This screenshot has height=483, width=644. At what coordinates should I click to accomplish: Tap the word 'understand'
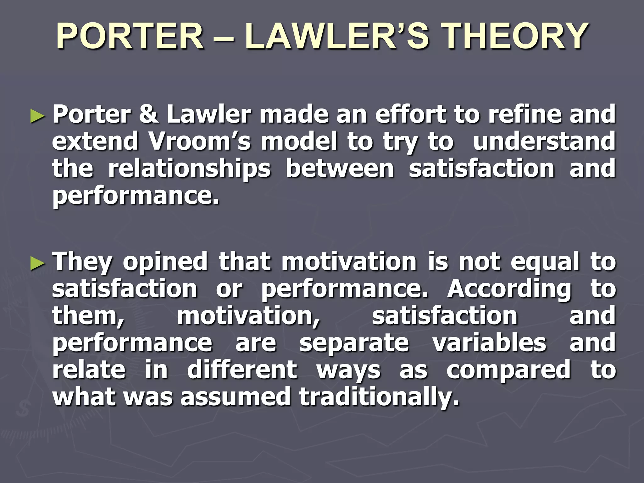pyautogui.click(x=544, y=142)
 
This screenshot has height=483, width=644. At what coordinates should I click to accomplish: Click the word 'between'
pyautogui.click(x=340, y=169)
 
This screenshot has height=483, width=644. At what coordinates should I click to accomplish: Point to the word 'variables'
pyautogui.click(x=489, y=343)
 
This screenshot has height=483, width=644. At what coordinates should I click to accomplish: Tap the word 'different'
pyautogui.click(x=242, y=370)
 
